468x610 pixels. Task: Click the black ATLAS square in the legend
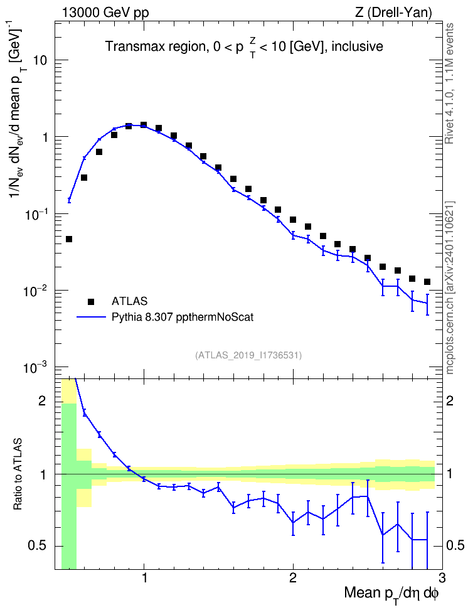(90, 301)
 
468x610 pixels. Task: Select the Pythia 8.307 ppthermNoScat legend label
(183, 317)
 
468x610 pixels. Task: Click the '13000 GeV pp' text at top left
(105, 13)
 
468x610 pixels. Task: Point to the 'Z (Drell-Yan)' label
(393, 13)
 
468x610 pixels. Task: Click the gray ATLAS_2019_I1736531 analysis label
(248, 355)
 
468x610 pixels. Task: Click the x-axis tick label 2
(293, 578)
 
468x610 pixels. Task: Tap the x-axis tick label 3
(442, 578)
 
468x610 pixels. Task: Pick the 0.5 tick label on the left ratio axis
(38, 546)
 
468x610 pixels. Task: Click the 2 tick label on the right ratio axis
(450, 400)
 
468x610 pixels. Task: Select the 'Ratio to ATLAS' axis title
(17, 474)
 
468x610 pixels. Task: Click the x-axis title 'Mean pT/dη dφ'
(391, 595)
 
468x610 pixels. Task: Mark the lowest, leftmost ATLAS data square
(69, 239)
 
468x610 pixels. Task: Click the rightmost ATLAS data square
(427, 282)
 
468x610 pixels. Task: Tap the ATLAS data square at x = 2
(293, 220)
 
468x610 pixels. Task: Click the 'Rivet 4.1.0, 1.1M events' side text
(449, 83)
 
